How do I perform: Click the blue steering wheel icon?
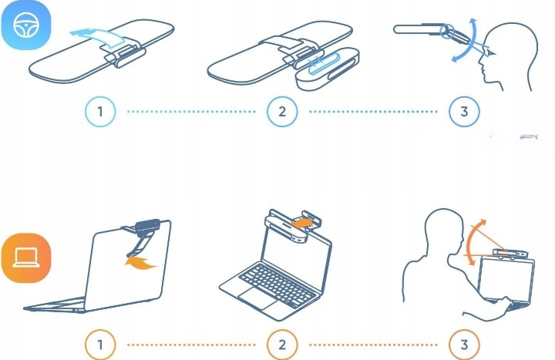(26, 25)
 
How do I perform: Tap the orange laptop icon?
(26, 257)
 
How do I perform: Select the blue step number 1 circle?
(100, 112)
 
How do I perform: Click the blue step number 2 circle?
(282, 112)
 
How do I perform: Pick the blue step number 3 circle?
(464, 112)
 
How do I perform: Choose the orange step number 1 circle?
(100, 345)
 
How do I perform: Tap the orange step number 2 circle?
(282, 345)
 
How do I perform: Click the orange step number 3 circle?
(464, 345)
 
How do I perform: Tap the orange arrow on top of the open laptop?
(301, 223)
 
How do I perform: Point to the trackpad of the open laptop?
(257, 298)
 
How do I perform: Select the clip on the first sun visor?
(124, 56)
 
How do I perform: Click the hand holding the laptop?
(504, 304)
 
